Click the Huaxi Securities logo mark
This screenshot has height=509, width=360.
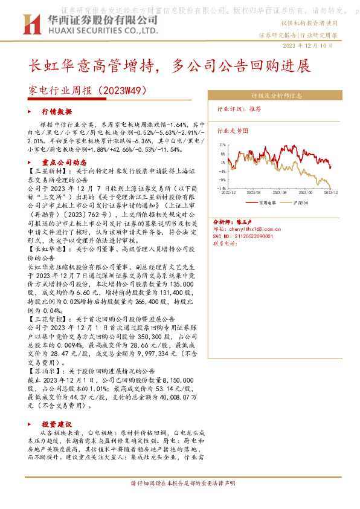tap(30, 25)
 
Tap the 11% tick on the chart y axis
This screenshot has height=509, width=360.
tap(223, 146)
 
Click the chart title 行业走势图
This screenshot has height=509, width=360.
tap(233, 130)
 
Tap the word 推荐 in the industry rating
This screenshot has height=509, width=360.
tap(256, 109)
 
